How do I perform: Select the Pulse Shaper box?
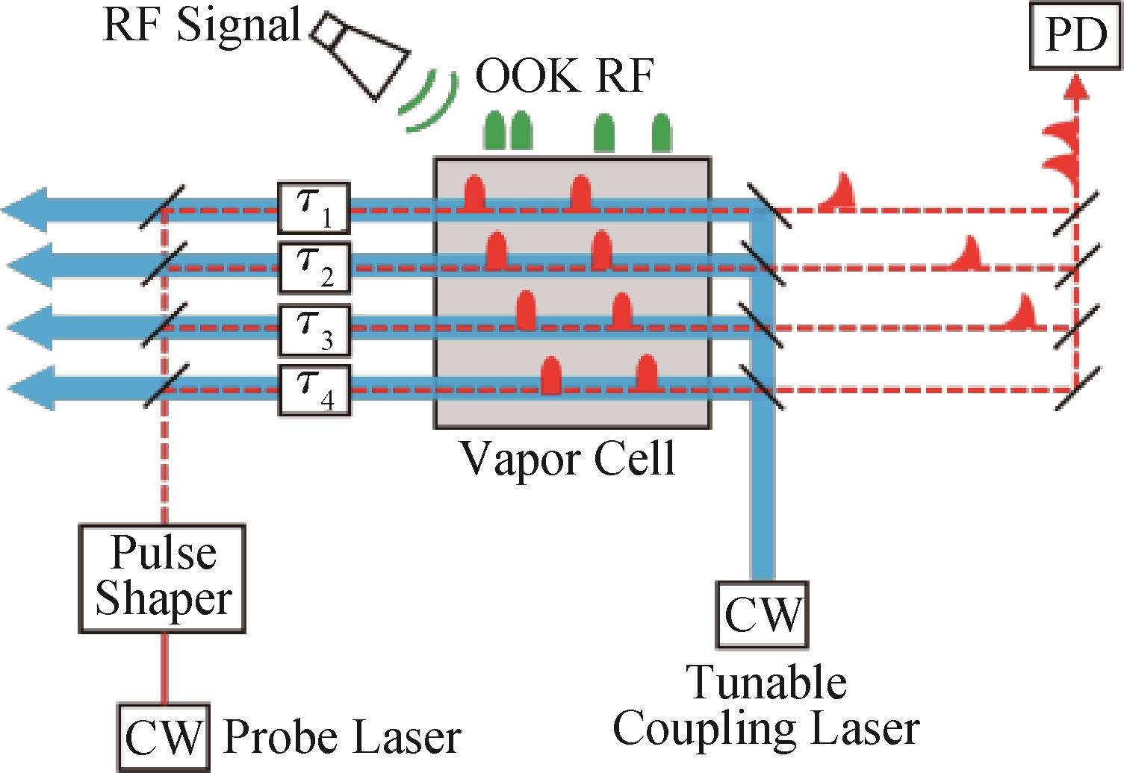tap(162, 579)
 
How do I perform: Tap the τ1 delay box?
tap(314, 206)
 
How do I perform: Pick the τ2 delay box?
tap(314, 266)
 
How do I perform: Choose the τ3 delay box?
tap(314, 329)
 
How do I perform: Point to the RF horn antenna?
tap(362, 54)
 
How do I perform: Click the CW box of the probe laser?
tap(163, 738)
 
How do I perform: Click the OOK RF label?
tap(565, 78)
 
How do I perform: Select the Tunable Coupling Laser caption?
tap(766, 705)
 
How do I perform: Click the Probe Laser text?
tap(342, 738)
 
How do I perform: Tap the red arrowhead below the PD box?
tap(1075, 87)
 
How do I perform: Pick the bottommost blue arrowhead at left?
tap(30, 388)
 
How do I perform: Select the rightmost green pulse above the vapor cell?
tap(661, 134)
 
